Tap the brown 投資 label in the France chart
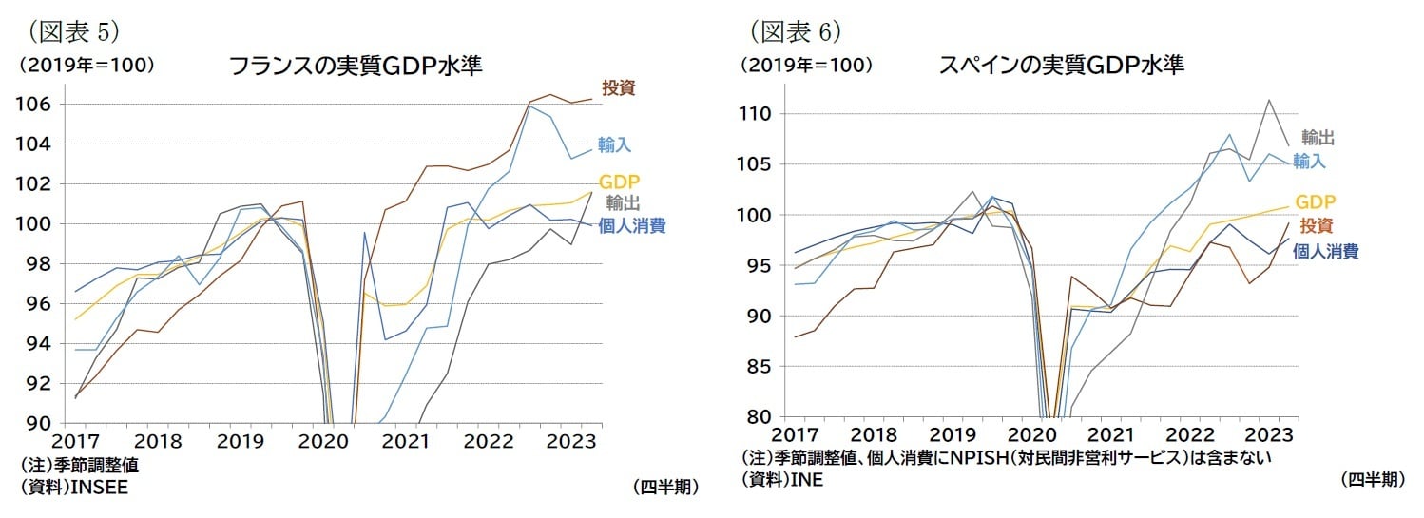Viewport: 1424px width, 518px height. pos(619,88)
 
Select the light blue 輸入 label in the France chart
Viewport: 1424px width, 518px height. pos(614,144)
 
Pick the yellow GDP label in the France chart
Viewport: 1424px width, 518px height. pos(619,182)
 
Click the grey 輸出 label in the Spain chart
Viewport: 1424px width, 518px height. pos(1318,138)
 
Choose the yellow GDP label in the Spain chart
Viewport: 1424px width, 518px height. pos(1316,201)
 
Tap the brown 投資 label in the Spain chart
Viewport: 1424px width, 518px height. pos(1316,226)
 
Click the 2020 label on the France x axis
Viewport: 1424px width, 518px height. pos(323,442)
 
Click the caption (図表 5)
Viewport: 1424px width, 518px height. pos(72,31)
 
